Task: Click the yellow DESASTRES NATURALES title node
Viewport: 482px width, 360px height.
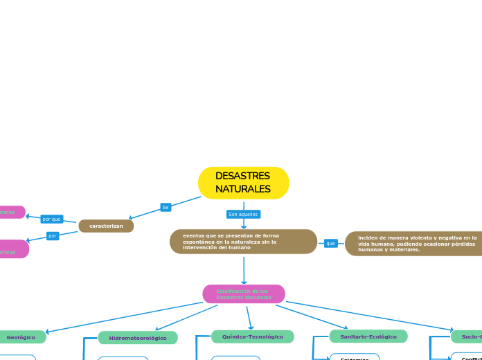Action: [243, 183]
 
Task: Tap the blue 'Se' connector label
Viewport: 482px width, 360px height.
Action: [166, 207]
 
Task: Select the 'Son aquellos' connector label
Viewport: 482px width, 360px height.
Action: [243, 215]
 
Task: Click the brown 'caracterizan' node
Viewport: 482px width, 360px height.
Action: [106, 226]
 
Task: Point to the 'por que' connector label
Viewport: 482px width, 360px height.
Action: [52, 219]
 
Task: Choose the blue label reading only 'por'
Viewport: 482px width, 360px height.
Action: [52, 236]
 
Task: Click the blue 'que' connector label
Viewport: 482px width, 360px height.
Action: [330, 243]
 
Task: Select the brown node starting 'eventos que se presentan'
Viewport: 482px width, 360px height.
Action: [243, 242]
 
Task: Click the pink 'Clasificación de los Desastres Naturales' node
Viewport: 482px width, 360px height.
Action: [243, 294]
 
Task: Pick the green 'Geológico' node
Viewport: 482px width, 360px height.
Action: [21, 337]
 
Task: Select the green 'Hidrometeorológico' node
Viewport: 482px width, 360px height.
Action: [138, 338]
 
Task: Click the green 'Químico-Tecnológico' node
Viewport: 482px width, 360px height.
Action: [252, 336]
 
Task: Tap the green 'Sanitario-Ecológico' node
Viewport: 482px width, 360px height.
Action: [368, 336]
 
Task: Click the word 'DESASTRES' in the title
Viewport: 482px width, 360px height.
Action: [243, 176]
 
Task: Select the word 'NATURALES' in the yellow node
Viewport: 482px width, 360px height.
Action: [243, 189]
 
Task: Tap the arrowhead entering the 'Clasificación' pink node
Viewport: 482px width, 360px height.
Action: [244, 282]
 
